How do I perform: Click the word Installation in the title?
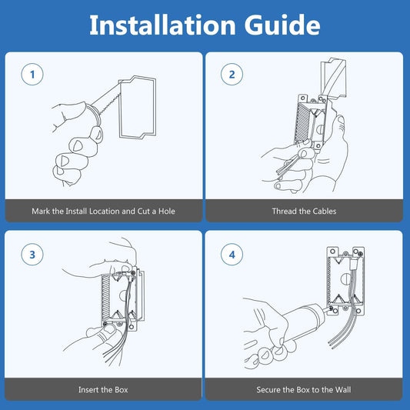[x=162, y=25]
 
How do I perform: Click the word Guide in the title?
[x=282, y=25]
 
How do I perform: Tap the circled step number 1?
[x=32, y=75]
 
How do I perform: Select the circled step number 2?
[x=232, y=75]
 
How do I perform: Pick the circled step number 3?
[x=32, y=255]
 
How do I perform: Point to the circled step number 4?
[x=232, y=255]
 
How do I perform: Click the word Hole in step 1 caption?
[x=167, y=211]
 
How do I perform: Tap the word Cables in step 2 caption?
[x=325, y=211]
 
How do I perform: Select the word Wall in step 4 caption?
[x=343, y=389]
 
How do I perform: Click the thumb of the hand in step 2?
[x=339, y=123]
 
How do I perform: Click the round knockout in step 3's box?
[x=123, y=295]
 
